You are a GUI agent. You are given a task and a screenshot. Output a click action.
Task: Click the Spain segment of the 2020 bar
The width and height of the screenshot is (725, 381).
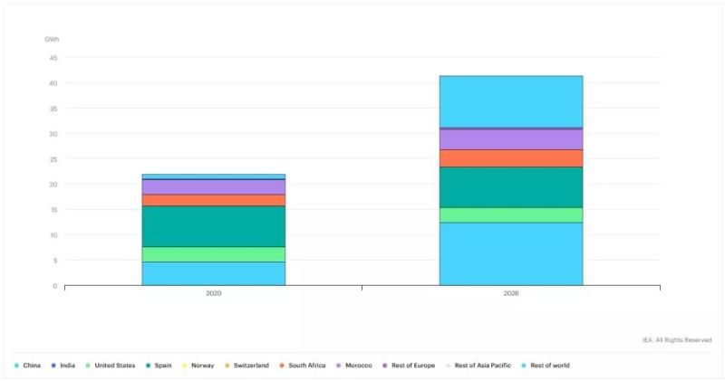(213, 226)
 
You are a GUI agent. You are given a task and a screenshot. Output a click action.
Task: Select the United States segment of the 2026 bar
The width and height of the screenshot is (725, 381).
(510, 214)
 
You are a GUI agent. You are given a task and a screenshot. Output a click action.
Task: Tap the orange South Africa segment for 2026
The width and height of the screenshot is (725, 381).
(510, 158)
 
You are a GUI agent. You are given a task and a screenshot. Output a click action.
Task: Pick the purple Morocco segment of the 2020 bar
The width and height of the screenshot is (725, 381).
(213, 186)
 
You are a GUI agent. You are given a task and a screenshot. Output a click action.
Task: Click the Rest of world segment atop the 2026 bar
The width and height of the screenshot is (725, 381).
(510, 101)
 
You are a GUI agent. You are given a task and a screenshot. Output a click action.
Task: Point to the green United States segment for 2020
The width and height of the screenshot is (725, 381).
(213, 254)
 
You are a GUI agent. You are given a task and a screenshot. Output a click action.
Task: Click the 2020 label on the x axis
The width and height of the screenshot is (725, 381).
(213, 294)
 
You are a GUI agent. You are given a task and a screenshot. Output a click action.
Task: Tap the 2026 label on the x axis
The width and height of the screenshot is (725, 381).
(510, 294)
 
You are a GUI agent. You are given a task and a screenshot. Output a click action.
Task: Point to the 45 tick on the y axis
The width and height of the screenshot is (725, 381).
(53, 58)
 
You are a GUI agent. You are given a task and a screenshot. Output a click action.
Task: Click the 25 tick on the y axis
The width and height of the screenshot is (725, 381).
(53, 159)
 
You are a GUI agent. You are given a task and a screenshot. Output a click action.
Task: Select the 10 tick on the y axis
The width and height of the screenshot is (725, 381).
(53, 235)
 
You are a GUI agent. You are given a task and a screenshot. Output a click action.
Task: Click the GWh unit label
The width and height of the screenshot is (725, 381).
(52, 40)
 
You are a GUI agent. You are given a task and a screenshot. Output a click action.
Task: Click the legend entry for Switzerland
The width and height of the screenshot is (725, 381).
(246, 366)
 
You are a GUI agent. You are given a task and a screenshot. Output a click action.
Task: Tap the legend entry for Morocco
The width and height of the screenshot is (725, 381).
(353, 366)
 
